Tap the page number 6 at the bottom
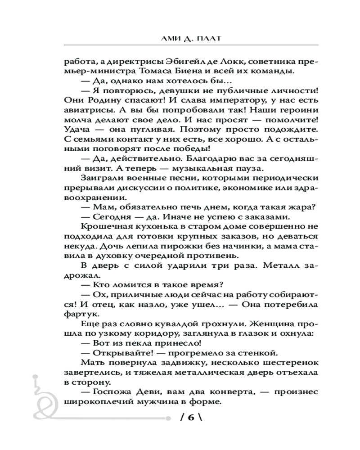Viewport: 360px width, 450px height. click(x=189, y=418)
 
